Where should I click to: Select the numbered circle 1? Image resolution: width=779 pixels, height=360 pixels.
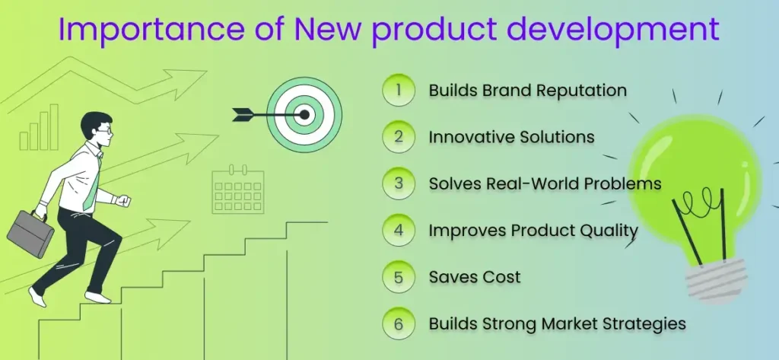399,91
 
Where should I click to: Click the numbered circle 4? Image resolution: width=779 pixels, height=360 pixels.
399,231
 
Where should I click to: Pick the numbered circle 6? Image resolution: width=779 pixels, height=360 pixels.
399,323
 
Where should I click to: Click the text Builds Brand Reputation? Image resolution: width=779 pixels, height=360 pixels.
527,91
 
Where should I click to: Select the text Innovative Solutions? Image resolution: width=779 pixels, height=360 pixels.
511,137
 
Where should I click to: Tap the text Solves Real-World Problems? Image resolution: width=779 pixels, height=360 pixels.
545,184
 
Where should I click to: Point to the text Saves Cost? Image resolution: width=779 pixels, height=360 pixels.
475,277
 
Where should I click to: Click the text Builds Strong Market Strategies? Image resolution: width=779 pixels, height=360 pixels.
557,323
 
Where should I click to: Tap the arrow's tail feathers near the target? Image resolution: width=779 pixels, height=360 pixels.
242,115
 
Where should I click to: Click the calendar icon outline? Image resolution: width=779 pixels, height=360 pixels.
238,191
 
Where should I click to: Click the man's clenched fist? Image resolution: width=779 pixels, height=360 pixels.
125,202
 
